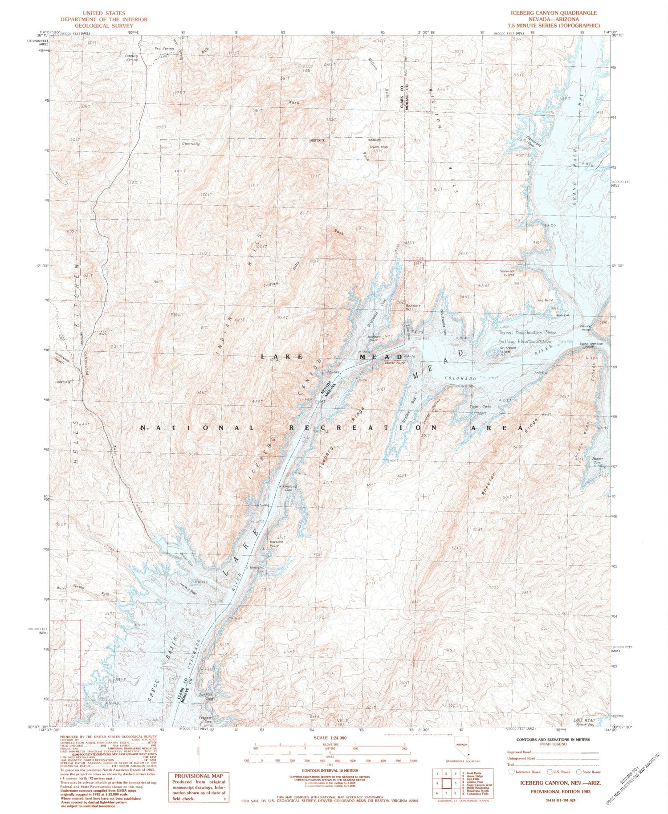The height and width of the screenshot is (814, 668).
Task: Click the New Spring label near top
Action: point(164,48)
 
